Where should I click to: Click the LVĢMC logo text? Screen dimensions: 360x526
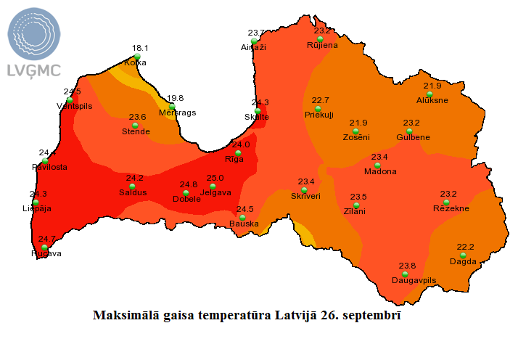coord(34,70)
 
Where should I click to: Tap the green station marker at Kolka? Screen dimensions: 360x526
coord(136,56)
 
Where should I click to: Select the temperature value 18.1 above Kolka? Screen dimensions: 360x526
coord(140,48)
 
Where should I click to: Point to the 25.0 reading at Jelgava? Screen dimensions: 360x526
coord(215,178)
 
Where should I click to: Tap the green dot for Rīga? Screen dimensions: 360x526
coord(238,152)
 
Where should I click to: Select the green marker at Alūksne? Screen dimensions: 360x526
coord(430,94)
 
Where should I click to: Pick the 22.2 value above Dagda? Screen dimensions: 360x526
coord(465,247)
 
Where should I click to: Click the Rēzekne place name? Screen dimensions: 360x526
coord(451,208)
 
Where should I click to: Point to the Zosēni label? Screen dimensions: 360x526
coord(356,138)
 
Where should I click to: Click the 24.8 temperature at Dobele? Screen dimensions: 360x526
coord(188,184)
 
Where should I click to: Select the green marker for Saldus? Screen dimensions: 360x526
coord(132,186)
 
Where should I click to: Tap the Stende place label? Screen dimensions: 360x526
coord(136,131)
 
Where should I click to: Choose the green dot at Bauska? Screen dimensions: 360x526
coord(242,217)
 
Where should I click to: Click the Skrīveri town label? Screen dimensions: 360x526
coord(305,196)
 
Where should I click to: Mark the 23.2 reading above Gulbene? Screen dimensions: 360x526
coord(412,123)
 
